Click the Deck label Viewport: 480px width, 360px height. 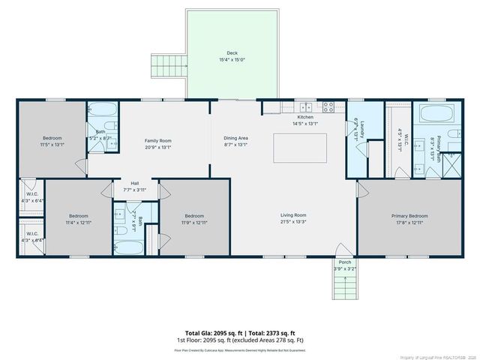232,53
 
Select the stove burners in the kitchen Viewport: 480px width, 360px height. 328,106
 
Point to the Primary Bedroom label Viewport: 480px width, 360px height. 409,215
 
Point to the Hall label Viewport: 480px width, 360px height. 135,183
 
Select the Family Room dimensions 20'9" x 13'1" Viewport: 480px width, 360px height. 158,147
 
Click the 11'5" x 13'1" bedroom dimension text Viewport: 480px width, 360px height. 52,144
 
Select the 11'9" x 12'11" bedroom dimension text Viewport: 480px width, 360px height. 193,222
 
